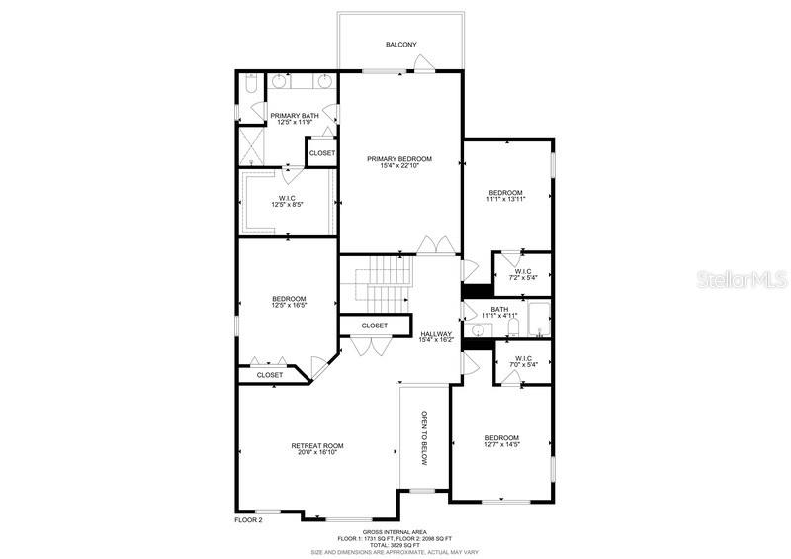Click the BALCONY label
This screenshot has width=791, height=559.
click(400, 45)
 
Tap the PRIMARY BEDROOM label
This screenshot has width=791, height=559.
click(399, 158)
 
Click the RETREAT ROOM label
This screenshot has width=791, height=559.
click(317, 446)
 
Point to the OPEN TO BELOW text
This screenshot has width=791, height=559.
click(424, 437)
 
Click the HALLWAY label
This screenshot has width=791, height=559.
click(435, 334)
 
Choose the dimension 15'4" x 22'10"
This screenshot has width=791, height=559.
click(399, 166)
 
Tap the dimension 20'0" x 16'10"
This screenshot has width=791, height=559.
click(317, 454)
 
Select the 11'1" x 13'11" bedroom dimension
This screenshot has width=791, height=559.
click(504, 200)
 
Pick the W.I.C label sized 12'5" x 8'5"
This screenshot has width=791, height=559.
click(287, 198)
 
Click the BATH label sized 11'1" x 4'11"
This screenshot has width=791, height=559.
click(499, 309)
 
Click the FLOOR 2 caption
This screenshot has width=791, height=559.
click(248, 519)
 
